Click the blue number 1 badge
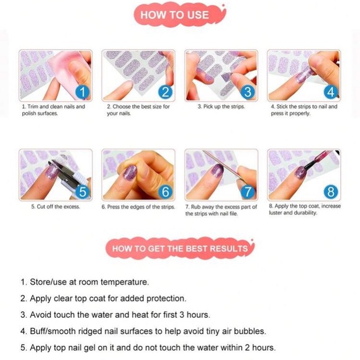click(x=83, y=92)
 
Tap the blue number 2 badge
click(x=165, y=92)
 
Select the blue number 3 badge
click(x=248, y=92)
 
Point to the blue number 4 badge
click(x=331, y=92)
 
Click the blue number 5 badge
click(x=83, y=192)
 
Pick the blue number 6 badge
click(x=165, y=192)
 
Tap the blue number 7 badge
click(x=248, y=192)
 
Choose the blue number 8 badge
click(x=331, y=192)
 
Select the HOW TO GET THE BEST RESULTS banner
click(x=180, y=249)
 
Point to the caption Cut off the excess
click(x=56, y=207)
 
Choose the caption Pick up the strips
click(x=222, y=107)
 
